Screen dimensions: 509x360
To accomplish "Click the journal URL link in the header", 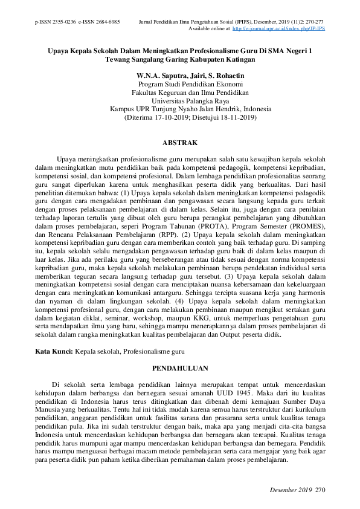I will click(x=278, y=28).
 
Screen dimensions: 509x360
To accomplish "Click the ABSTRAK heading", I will click(x=180, y=143).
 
